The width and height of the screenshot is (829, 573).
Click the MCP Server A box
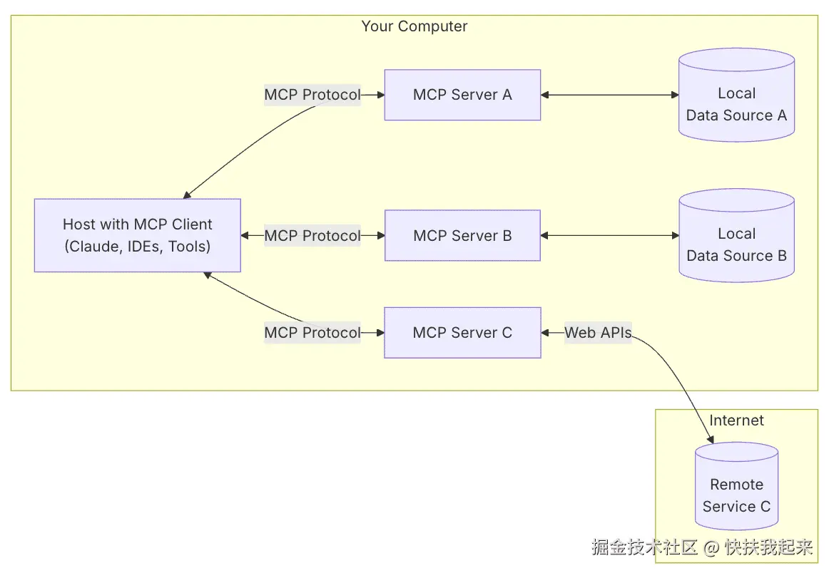click(x=462, y=95)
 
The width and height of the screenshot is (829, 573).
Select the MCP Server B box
click(x=462, y=236)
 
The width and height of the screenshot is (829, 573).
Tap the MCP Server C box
click(x=462, y=333)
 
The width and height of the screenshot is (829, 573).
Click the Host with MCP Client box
click(x=138, y=235)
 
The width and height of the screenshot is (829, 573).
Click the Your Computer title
click(x=414, y=26)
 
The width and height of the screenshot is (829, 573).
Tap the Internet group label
click(x=736, y=420)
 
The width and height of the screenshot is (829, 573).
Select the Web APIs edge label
click(x=598, y=333)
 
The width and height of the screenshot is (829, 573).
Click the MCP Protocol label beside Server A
click(x=312, y=95)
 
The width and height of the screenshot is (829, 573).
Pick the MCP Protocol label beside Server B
click(x=312, y=236)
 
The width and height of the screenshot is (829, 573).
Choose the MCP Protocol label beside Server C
click(x=312, y=333)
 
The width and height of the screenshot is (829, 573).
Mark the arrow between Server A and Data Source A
click(x=609, y=95)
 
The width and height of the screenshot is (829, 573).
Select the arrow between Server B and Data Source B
click(x=609, y=236)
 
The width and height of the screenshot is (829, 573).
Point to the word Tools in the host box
click(x=188, y=247)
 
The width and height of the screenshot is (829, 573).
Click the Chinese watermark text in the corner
click(x=702, y=547)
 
